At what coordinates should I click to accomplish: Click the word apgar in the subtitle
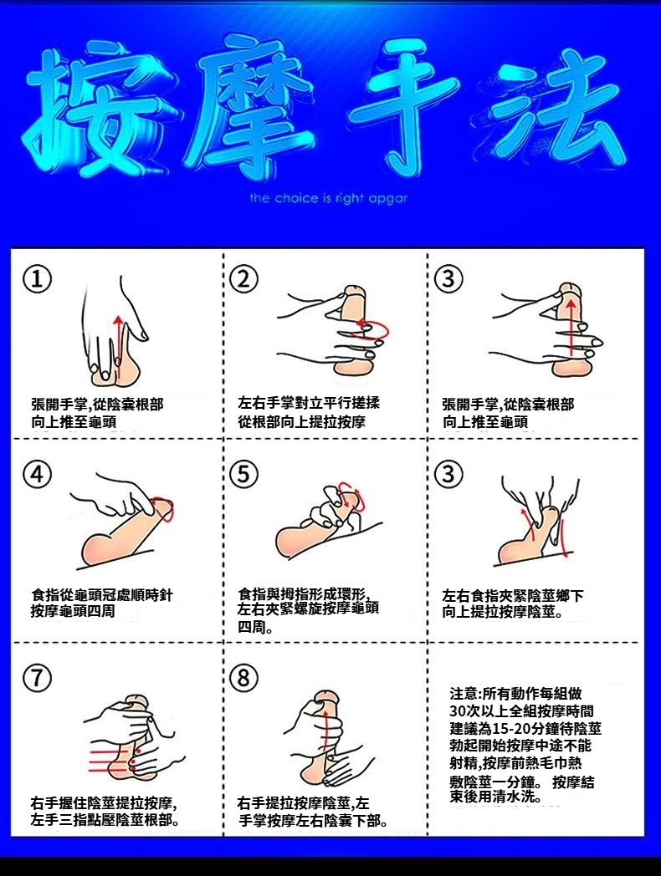click(x=388, y=199)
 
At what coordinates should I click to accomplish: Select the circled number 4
click(x=37, y=474)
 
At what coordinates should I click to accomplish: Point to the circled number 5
click(x=243, y=474)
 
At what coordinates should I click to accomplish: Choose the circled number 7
click(x=37, y=678)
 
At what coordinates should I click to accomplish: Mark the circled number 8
click(x=243, y=678)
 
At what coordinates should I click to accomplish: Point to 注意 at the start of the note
click(x=464, y=693)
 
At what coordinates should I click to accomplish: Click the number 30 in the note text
click(x=458, y=711)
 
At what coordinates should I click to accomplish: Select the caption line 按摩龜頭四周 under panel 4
click(x=73, y=611)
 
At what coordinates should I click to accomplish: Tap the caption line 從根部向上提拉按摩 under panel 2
click(x=302, y=422)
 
